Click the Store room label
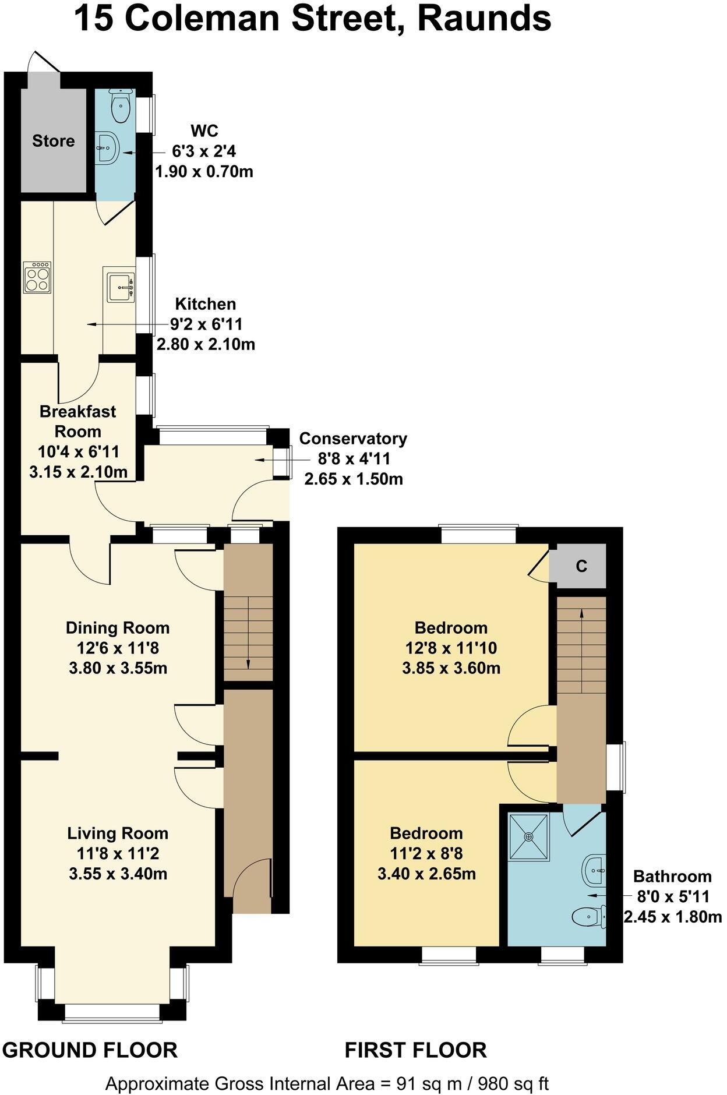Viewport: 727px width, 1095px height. click(x=53, y=141)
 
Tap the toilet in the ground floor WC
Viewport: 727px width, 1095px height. click(x=121, y=106)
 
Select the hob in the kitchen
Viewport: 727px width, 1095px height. click(x=37, y=277)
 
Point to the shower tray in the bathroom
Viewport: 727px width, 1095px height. click(x=529, y=837)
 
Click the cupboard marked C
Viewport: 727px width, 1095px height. click(x=581, y=566)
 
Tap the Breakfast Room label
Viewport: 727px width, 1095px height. click(x=77, y=421)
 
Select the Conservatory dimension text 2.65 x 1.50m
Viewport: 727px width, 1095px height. click(x=354, y=479)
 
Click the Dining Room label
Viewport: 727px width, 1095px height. click(x=118, y=628)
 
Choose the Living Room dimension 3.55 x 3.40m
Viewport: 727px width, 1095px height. click(x=118, y=874)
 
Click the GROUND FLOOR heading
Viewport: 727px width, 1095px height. click(x=90, y=1050)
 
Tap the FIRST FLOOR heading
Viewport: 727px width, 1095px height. click(x=416, y=1050)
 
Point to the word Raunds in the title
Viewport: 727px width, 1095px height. click(x=484, y=19)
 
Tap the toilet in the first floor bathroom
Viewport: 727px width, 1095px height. click(x=590, y=918)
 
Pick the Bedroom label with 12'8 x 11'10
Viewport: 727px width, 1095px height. click(x=451, y=628)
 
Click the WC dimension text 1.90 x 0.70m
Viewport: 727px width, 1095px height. click(x=204, y=172)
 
